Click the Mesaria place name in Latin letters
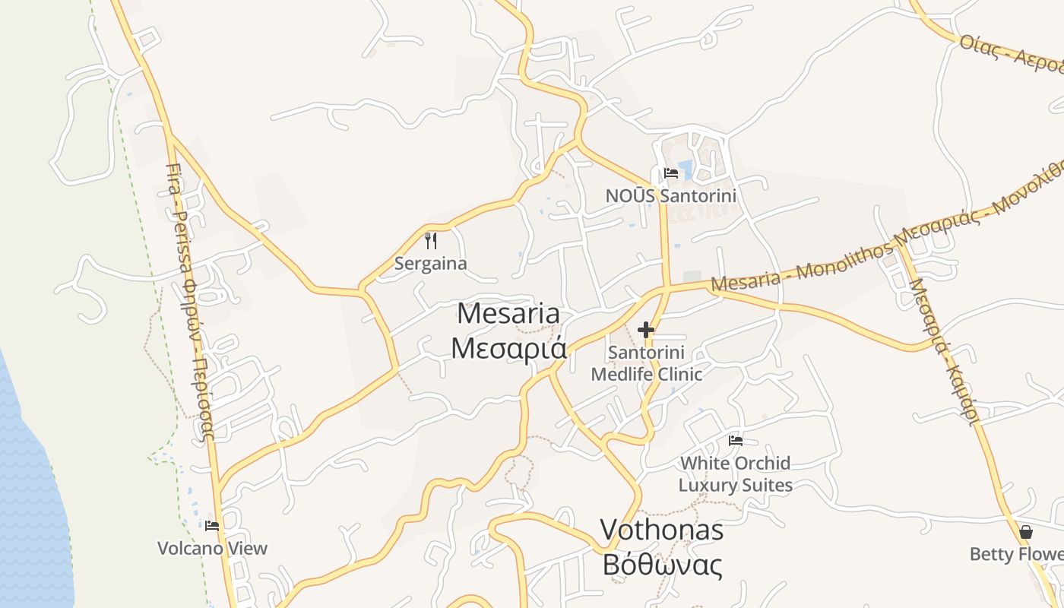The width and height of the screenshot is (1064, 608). pyautogui.click(x=509, y=313)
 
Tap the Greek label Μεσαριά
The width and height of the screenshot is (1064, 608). pyautogui.click(x=509, y=347)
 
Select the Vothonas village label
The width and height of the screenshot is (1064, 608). pyautogui.click(x=661, y=530)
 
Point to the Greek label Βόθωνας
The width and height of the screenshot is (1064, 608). pyautogui.click(x=661, y=565)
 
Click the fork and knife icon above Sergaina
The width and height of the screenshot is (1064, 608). pyautogui.click(x=431, y=241)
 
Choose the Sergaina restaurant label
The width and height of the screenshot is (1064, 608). pyautogui.click(x=430, y=264)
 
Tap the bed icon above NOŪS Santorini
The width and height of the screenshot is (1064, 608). pyautogui.click(x=670, y=173)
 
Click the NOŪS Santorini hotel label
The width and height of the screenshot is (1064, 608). pyautogui.click(x=670, y=195)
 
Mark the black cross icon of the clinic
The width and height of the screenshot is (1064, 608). pyautogui.click(x=646, y=330)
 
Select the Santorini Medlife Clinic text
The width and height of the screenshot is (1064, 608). pyautogui.click(x=646, y=363)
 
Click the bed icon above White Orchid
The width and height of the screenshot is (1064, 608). pyautogui.click(x=735, y=441)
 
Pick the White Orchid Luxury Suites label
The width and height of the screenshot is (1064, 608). pyautogui.click(x=735, y=473)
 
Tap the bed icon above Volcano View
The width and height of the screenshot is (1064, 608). pyautogui.click(x=212, y=525)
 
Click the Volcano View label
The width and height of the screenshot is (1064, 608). pyautogui.click(x=212, y=548)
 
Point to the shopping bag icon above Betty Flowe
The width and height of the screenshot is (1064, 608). pyautogui.click(x=1025, y=532)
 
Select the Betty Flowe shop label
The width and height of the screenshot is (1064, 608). pyautogui.click(x=1016, y=554)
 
